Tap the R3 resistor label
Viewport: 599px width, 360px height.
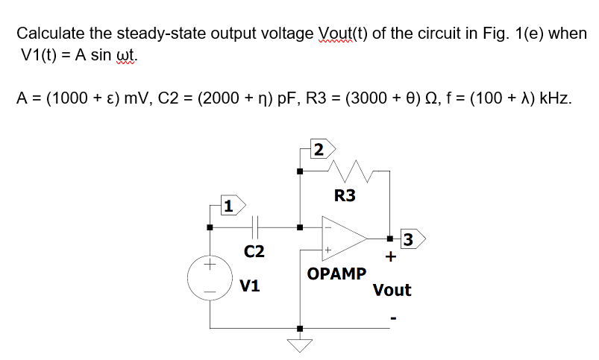point(345,196)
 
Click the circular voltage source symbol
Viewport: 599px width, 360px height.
point(210,276)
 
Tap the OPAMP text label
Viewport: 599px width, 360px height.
point(336,274)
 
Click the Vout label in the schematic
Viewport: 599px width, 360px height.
point(392,290)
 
